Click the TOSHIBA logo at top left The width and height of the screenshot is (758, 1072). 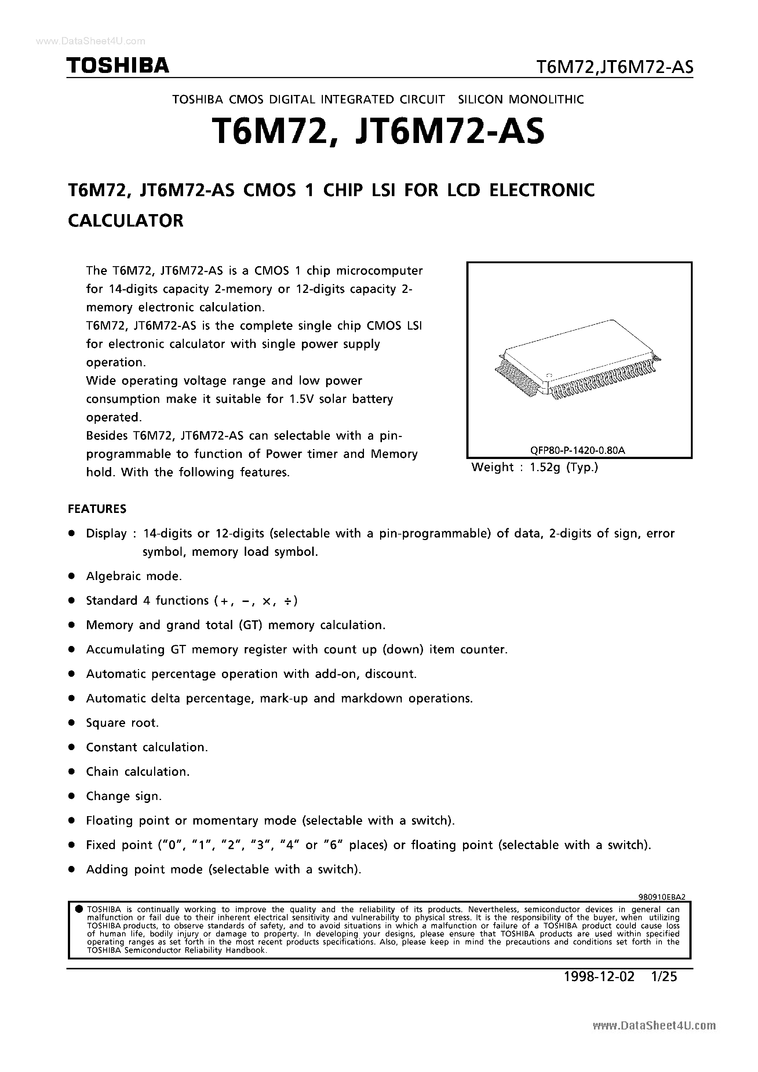tap(118, 66)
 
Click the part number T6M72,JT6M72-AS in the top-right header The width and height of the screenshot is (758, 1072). tap(614, 68)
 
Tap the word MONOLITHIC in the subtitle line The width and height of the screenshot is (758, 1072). tap(545, 99)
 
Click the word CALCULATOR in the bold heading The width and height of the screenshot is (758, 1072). tap(126, 221)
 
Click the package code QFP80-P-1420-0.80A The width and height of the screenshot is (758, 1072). tap(577, 450)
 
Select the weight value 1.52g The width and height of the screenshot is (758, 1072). tap(544, 467)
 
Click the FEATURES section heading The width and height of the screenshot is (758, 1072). tap(97, 509)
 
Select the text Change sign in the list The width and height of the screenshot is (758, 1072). tap(124, 796)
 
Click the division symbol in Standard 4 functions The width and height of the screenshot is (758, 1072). tap(288, 601)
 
